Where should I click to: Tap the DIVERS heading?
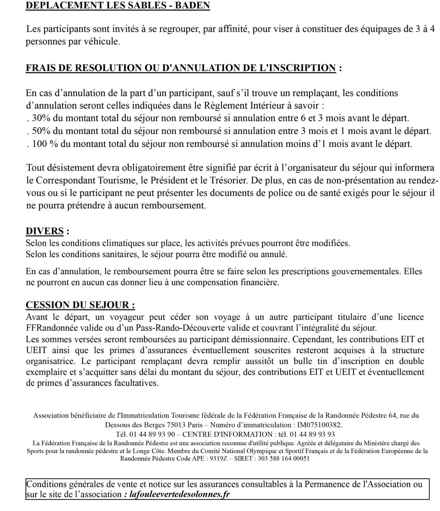tap(45, 231)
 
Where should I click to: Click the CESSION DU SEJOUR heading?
tap(80, 305)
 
